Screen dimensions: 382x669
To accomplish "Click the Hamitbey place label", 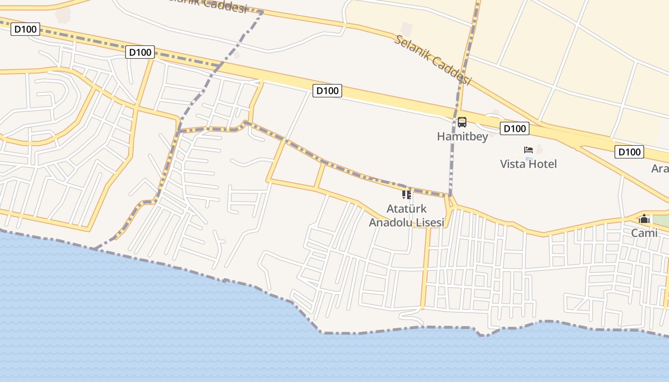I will [x=462, y=137].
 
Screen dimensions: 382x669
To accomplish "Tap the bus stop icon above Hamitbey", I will [x=462, y=122].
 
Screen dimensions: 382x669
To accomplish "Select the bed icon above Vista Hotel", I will [x=529, y=150].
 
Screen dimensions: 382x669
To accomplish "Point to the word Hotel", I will [x=542, y=164].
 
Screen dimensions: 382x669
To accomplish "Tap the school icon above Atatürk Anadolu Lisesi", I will [x=407, y=194].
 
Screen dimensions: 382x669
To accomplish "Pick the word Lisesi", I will [x=431, y=223].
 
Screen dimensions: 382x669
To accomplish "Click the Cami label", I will [x=644, y=233].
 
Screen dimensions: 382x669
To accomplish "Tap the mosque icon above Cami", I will [x=644, y=219].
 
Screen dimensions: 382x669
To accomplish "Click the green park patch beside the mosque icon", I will [x=661, y=221].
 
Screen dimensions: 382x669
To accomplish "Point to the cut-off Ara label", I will [x=660, y=169].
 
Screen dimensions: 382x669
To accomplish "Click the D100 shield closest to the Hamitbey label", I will [x=515, y=128].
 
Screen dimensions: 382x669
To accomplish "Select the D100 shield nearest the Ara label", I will [x=629, y=152].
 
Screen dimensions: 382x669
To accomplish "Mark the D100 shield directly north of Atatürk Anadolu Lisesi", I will [x=327, y=91].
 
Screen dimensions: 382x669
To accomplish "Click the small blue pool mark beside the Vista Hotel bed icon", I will [x=529, y=158].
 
